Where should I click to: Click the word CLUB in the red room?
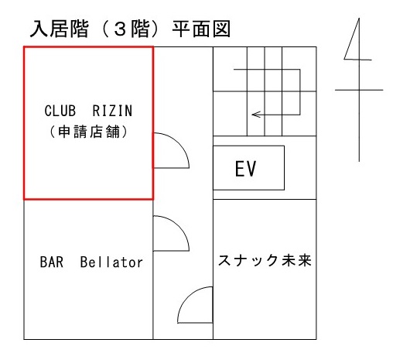point(60,111)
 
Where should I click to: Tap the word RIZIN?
point(112,111)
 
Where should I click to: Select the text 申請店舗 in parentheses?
point(89,132)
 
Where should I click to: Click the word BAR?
point(52,262)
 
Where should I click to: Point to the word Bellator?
point(111,262)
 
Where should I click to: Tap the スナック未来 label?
point(265,260)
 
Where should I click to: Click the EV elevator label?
point(245,169)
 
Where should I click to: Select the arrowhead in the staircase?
point(256,115)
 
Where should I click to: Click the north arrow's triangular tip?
point(359,19)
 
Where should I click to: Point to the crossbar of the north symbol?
point(359,90)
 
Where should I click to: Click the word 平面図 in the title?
point(201,29)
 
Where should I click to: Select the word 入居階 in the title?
point(60,29)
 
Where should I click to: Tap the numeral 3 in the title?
point(120,29)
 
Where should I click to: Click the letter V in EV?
point(251,169)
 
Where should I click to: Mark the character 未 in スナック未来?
point(289,260)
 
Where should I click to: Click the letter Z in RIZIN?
point(112,111)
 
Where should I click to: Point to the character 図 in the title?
point(221,29)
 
